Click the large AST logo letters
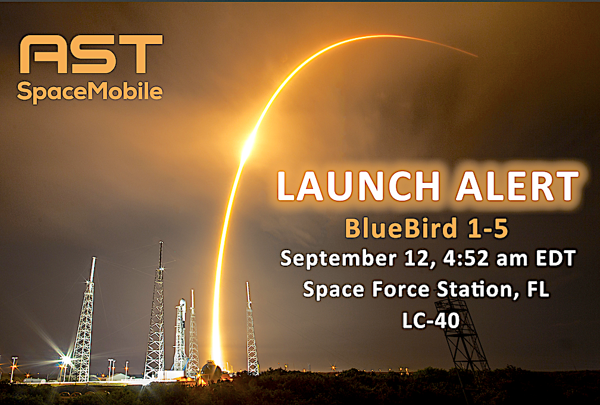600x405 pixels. pyautogui.click(x=91, y=54)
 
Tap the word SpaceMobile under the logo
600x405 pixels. pyautogui.click(x=90, y=92)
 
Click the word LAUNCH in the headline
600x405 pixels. pyautogui.click(x=358, y=186)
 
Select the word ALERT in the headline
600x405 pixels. pyautogui.click(x=517, y=186)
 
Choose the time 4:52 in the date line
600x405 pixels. pyautogui.click(x=465, y=258)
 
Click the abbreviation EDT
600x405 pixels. pyautogui.click(x=555, y=258)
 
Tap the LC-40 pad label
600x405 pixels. pyautogui.click(x=430, y=320)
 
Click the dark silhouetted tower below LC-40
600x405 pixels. pyautogui.click(x=464, y=337)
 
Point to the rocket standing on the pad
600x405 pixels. pyautogui.click(x=180, y=335)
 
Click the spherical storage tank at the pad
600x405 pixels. pyautogui.click(x=211, y=370)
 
